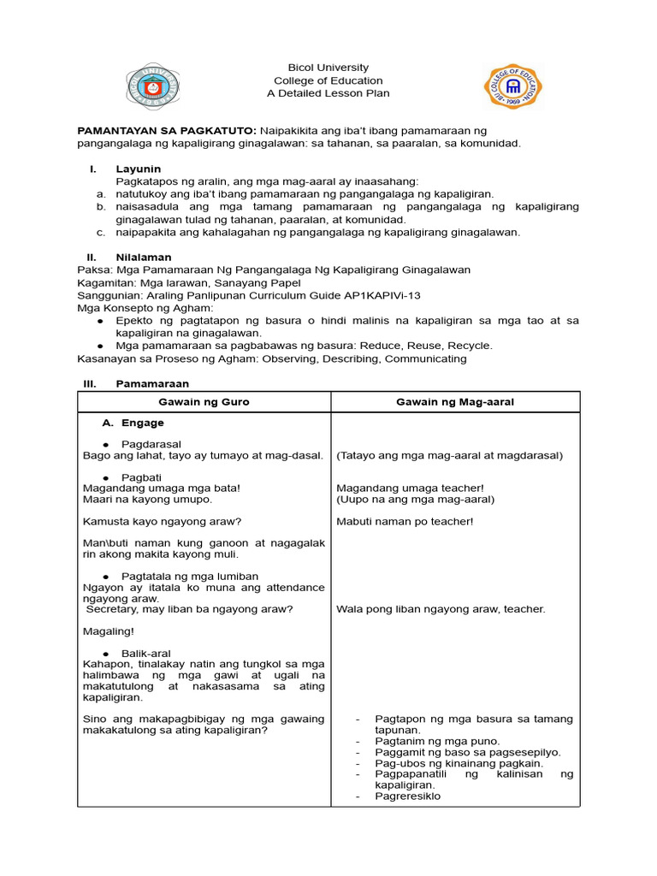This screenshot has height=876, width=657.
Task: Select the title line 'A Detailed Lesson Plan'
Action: point(328,93)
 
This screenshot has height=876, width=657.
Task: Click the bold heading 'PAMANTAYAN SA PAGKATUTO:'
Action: point(167,130)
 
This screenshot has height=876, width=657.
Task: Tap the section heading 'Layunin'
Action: point(139,169)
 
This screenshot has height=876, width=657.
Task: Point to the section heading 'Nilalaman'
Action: point(144,257)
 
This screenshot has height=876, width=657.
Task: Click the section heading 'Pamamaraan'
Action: point(152,383)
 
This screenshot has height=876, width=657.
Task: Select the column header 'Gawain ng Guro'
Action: point(204,402)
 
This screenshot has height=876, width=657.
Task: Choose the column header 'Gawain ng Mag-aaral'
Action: point(455,402)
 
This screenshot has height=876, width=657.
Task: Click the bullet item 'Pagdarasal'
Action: point(151,444)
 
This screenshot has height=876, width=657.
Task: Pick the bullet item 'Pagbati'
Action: point(141,476)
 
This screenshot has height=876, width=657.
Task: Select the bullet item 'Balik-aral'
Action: point(146,653)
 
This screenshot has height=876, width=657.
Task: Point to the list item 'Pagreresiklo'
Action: point(407,796)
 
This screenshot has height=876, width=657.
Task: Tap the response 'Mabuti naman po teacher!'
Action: point(405,521)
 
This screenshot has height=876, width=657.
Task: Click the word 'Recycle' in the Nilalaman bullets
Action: point(471,346)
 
